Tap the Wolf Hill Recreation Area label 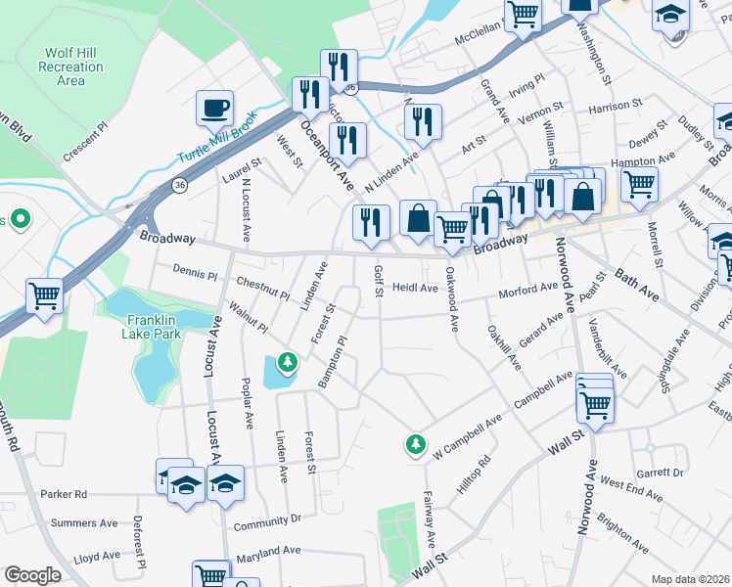[x=70, y=67]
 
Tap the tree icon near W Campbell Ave [x=416, y=445]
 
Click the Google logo [x=32, y=575]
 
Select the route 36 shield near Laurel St [x=179, y=183]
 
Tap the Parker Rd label [x=64, y=494]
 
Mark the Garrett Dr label [x=659, y=473]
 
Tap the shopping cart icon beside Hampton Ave [x=639, y=183]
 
